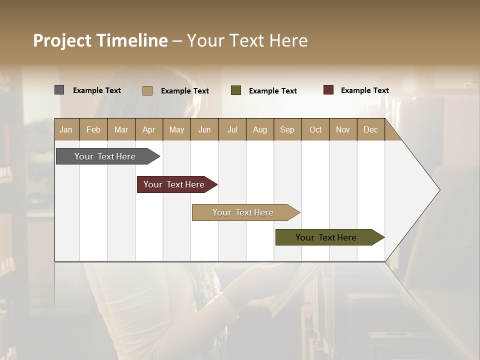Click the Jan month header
click(66, 129)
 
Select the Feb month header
click(93, 129)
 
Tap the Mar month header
click(121, 129)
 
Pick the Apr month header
click(148, 129)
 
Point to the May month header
click(176, 129)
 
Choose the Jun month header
click(204, 129)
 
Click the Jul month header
click(232, 129)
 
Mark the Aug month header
click(260, 129)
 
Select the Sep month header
click(287, 129)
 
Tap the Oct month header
click(315, 129)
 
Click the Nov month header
click(343, 129)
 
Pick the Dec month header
click(370, 129)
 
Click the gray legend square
click(59, 90)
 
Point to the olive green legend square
click(236, 90)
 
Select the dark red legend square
click(328, 90)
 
